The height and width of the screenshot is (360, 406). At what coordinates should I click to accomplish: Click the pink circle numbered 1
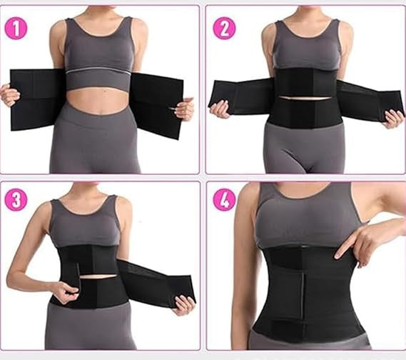pyautogui.click(x=16, y=29)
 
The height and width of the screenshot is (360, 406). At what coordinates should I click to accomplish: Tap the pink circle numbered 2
pyautogui.click(x=224, y=29)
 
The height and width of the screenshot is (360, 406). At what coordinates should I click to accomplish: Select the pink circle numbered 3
pyautogui.click(x=16, y=200)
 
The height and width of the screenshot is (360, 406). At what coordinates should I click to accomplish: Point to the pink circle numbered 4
pyautogui.click(x=224, y=200)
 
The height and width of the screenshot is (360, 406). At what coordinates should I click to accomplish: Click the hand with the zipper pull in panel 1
pyautogui.click(x=184, y=108)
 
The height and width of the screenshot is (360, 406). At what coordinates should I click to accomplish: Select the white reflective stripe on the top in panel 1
pyautogui.click(x=98, y=71)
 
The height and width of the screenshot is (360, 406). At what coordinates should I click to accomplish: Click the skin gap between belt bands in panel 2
pyautogui.click(x=305, y=99)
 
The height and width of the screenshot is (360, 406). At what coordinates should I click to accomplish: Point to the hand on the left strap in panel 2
pyautogui.click(x=220, y=109)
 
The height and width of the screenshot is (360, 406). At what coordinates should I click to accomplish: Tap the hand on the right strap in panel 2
pyautogui.click(x=394, y=119)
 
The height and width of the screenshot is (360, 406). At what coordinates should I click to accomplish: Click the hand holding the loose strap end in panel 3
pyautogui.click(x=184, y=305)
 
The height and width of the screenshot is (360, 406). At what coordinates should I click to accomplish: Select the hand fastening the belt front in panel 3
pyautogui.click(x=66, y=291)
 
